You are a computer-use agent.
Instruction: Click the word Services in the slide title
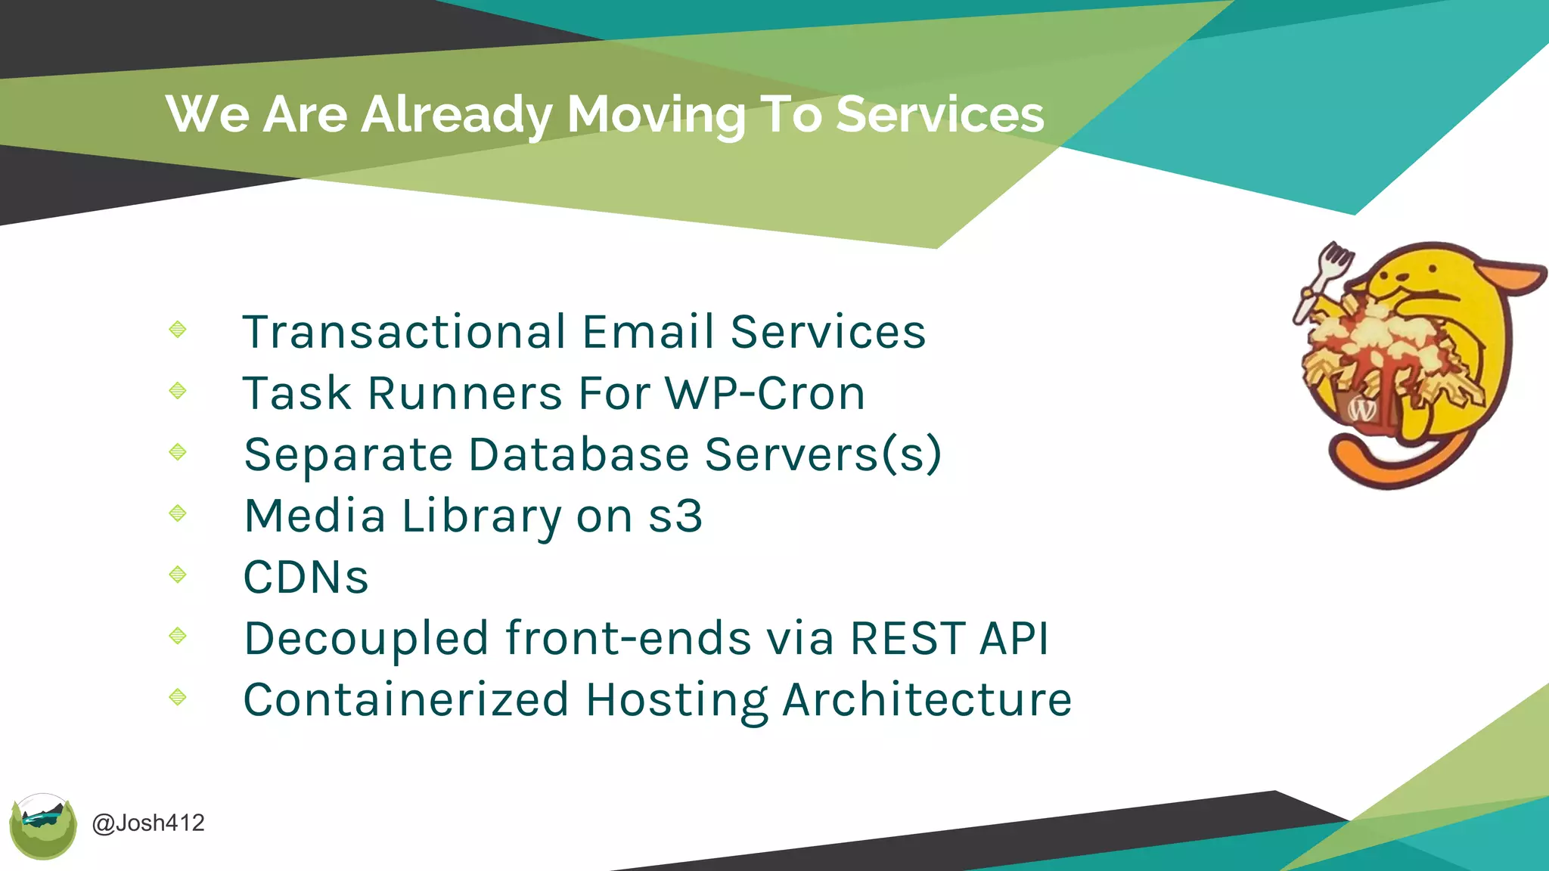[x=939, y=115]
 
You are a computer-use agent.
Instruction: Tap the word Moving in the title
[x=656, y=115]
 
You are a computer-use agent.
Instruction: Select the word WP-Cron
[x=765, y=393]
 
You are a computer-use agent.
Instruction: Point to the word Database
[x=579, y=454]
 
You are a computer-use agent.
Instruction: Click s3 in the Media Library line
[x=675, y=516]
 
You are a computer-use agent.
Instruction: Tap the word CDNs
[x=306, y=578]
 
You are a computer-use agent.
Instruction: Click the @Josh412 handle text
[x=148, y=823]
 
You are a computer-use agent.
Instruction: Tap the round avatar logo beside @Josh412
[x=43, y=826]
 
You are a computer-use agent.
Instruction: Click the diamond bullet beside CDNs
[x=178, y=575]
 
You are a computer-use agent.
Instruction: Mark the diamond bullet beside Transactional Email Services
[x=178, y=329]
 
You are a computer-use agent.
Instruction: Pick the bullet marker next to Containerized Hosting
[x=178, y=696]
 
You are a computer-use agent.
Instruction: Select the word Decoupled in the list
[x=366, y=638]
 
